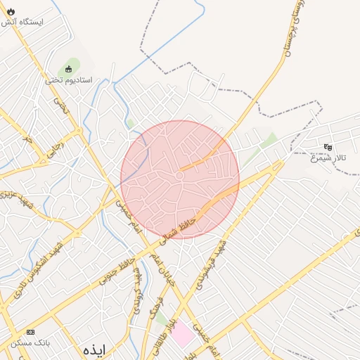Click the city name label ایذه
pos(94,349)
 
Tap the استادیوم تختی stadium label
pos(69,80)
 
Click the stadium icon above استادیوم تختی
pos(69,69)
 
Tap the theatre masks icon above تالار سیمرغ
pos(328,147)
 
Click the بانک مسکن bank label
pos(30,342)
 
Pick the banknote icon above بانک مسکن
pos(30,331)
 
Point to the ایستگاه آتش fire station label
pos(22,22)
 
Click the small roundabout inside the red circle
pos(180,174)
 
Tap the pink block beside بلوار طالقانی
pos(181,333)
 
